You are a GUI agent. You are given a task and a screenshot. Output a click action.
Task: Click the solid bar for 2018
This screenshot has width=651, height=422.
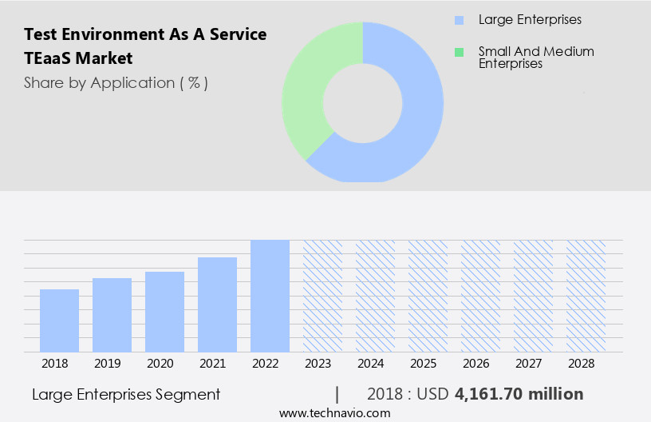59,320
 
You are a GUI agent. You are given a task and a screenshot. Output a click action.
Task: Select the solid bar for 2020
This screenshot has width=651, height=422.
164,312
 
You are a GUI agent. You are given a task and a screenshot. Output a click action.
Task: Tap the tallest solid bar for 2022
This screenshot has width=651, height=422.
270,296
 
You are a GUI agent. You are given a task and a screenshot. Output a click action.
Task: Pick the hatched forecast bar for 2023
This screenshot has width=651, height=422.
322,296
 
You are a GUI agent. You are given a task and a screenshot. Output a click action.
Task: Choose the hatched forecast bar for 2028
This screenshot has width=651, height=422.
586,296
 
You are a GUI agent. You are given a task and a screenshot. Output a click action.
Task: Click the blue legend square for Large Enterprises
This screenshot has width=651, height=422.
459,20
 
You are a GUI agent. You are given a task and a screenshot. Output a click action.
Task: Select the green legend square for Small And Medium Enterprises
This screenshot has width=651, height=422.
459,52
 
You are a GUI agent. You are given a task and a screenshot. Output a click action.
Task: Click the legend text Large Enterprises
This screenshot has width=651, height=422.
530,19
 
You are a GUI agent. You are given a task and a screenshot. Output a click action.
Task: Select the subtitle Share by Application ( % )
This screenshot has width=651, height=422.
116,82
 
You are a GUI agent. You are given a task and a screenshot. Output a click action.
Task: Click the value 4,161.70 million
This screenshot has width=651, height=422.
519,394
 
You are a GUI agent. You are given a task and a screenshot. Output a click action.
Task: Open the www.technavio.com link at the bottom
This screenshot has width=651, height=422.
335,413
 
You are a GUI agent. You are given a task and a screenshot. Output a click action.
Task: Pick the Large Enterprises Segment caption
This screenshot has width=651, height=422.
126,394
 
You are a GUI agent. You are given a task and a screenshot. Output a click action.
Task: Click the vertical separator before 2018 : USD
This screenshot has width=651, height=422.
337,394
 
